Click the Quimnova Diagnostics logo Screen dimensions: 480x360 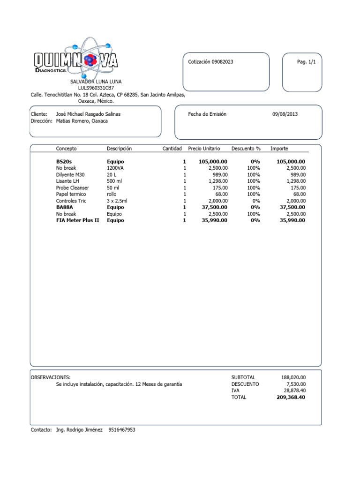[76, 60]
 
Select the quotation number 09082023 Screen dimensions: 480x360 [222, 62]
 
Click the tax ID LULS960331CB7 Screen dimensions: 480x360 [96, 88]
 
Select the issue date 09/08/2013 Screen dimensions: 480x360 [285, 114]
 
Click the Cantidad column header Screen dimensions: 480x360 [172, 149]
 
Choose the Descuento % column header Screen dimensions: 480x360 [246, 149]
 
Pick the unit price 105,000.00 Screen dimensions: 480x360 [213, 161]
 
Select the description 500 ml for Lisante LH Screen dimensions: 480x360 [114, 181]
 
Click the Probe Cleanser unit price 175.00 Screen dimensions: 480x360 [219, 187]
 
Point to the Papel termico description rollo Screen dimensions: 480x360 [112, 194]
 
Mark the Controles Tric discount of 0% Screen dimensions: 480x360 [255, 201]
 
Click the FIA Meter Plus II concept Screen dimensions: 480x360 [78, 220]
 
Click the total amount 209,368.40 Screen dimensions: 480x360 [291, 397]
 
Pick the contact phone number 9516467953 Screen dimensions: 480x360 [121, 429]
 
